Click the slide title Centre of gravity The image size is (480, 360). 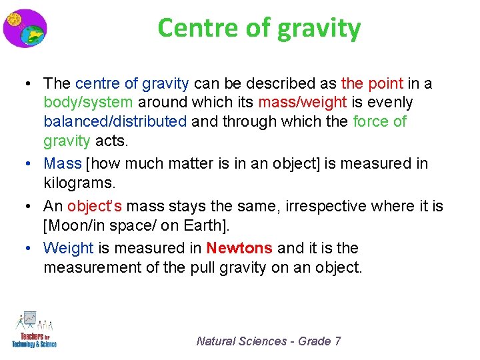[x=259, y=28]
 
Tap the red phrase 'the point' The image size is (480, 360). [x=372, y=83]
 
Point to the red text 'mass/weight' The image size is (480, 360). [x=302, y=103]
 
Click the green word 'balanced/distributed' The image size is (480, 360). [x=115, y=122]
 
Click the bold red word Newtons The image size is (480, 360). [x=239, y=248]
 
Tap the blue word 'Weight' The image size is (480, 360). [x=69, y=248]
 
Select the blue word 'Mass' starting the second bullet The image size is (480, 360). [x=62, y=163]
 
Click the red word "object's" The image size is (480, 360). [x=95, y=207]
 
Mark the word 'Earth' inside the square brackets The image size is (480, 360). [x=209, y=225]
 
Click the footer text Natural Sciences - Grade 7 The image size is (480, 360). [x=269, y=341]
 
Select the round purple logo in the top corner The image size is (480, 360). [x=25, y=28]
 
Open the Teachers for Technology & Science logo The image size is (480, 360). [x=34, y=329]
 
